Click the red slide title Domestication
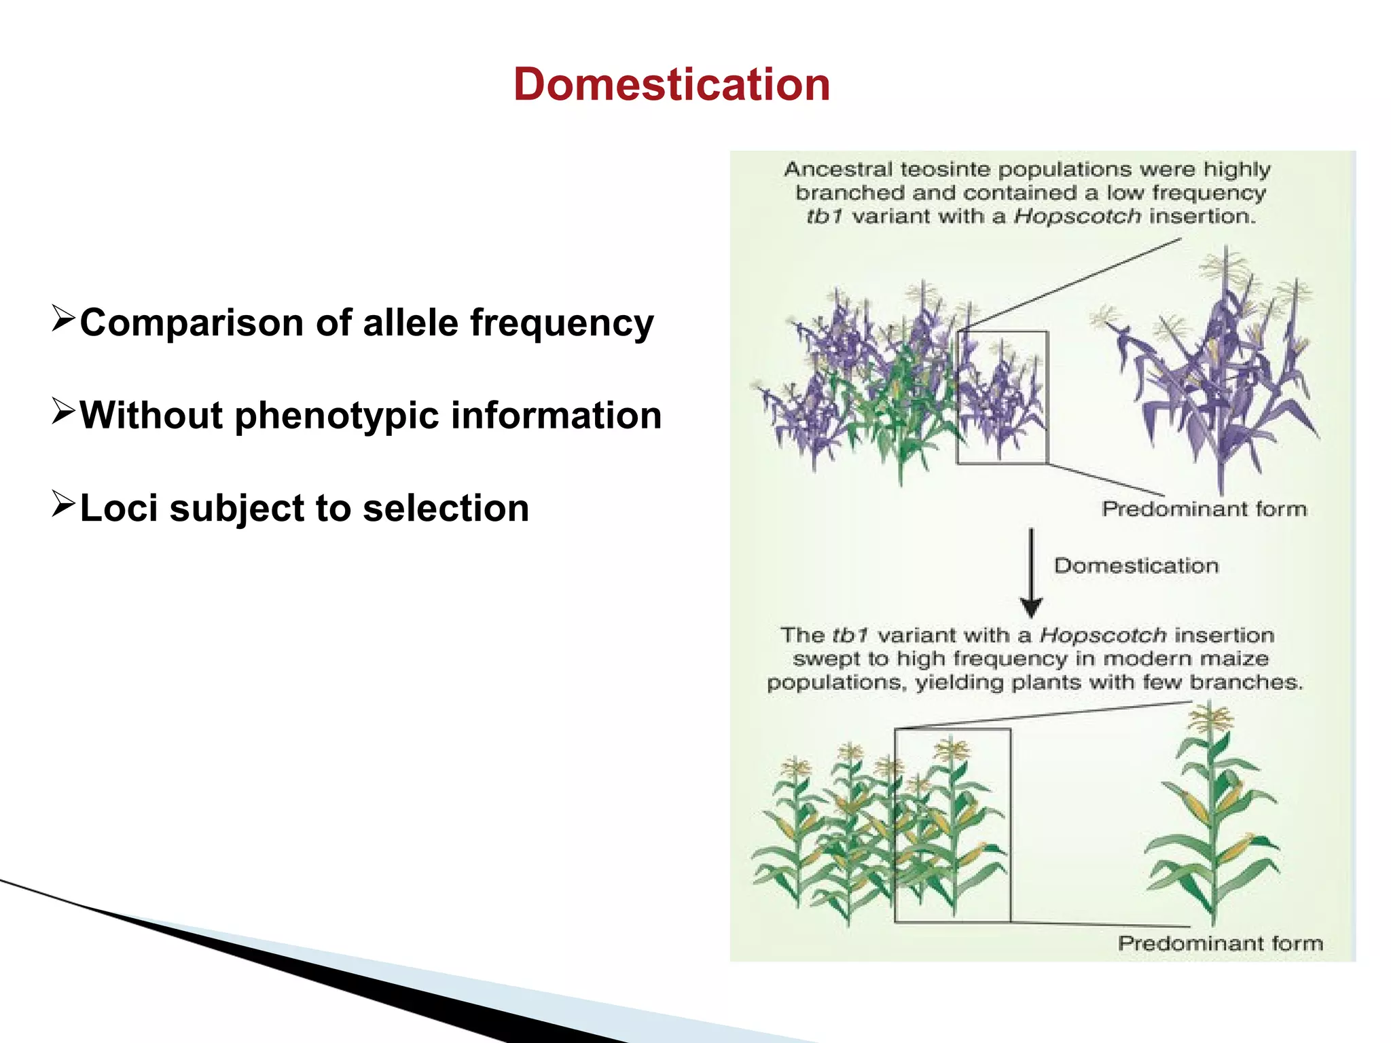pos(671,85)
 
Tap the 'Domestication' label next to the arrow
pos(1136,566)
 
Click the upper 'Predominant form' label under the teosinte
pos(1204,509)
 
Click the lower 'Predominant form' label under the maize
pos(1221,943)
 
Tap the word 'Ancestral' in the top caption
pos(838,169)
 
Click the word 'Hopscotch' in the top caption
pos(1077,217)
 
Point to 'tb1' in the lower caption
pos(850,636)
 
